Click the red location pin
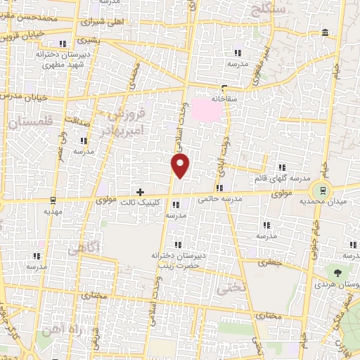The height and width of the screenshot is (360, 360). pyautogui.click(x=181, y=165)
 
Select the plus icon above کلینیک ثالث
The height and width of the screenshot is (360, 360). pyautogui.click(x=141, y=191)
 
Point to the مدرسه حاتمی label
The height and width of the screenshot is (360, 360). pyautogui.click(x=220, y=199)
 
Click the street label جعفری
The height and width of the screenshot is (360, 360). pyautogui.click(x=269, y=262)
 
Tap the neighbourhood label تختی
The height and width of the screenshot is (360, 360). pyautogui.click(x=229, y=287)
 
